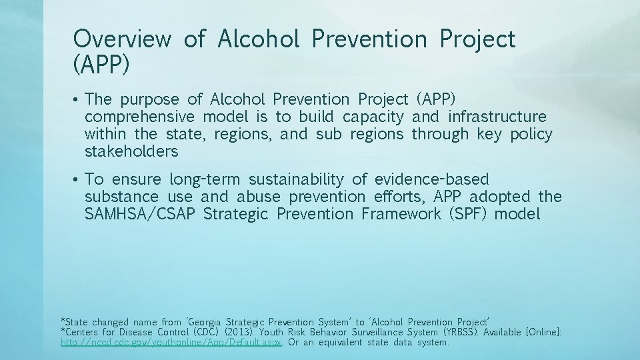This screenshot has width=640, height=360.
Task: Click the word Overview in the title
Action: pyautogui.click(x=122, y=39)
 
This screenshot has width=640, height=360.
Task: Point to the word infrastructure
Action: pyautogui.click(x=497, y=117)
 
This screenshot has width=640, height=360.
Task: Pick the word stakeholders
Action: pyautogui.click(x=131, y=151)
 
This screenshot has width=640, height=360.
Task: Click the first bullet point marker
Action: pyautogui.click(x=77, y=101)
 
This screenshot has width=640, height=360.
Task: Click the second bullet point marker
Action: pyautogui.click(x=77, y=180)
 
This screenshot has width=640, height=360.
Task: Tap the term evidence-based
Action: pyautogui.click(x=431, y=179)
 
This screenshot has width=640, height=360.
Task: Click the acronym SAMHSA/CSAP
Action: pyautogui.click(x=140, y=214)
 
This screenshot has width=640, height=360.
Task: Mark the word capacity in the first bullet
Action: pyautogui.click(x=373, y=117)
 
